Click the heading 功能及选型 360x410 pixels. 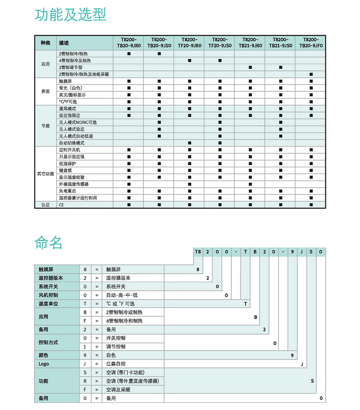click(x=71, y=15)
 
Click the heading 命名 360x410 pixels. click(x=48, y=242)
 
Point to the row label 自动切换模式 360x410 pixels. click(x=72, y=143)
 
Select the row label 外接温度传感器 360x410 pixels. click(x=74, y=184)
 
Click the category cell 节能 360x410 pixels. click(x=45, y=126)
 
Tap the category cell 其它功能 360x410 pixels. click(x=45, y=174)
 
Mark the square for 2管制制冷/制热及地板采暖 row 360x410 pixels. click(x=311, y=74)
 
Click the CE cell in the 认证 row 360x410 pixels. click(x=61, y=205)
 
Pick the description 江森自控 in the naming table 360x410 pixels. click(x=115, y=364)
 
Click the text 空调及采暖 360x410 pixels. click(x=118, y=389)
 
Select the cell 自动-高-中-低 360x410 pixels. click(x=122, y=295)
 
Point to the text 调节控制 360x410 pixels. click(x=115, y=347)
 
